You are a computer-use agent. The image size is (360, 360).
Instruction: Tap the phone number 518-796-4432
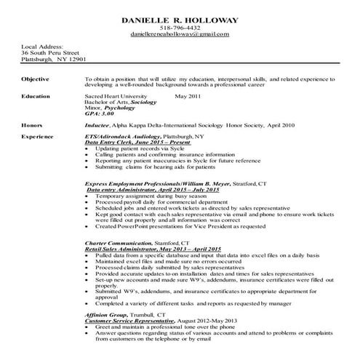click(179, 27)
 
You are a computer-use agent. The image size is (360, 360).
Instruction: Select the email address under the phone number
click(179, 34)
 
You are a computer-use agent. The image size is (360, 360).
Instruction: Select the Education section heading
click(36, 95)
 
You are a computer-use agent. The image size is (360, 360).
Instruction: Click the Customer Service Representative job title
click(129, 320)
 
